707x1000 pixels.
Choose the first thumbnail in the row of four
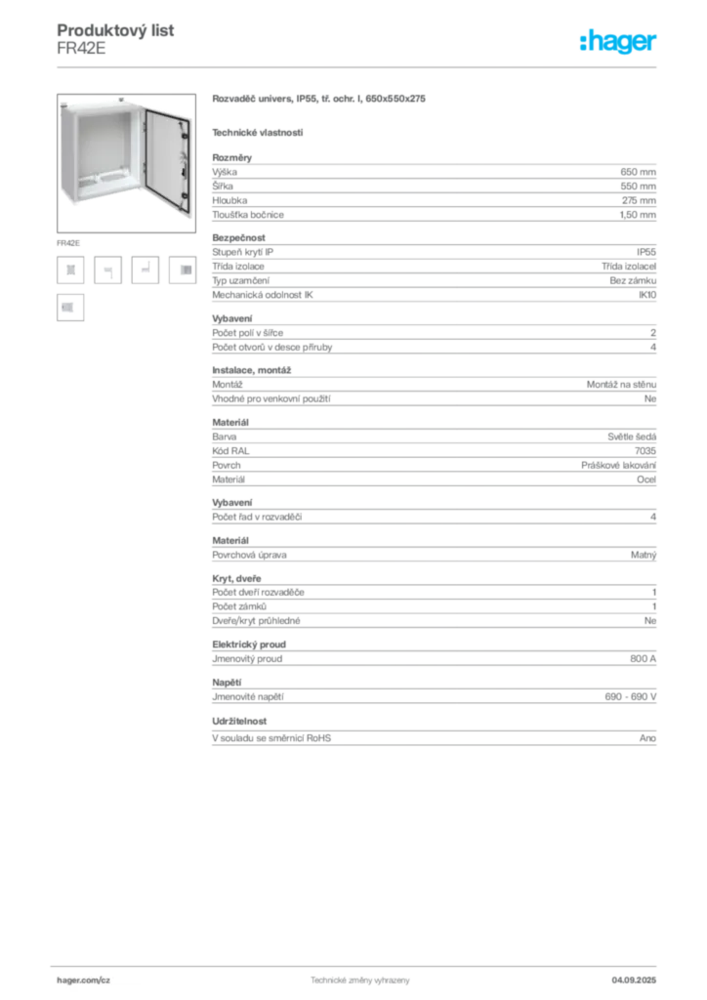tap(70, 271)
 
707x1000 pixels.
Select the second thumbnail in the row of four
tap(109, 271)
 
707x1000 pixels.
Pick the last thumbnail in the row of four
tap(183, 271)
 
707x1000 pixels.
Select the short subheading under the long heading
tap(259, 132)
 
